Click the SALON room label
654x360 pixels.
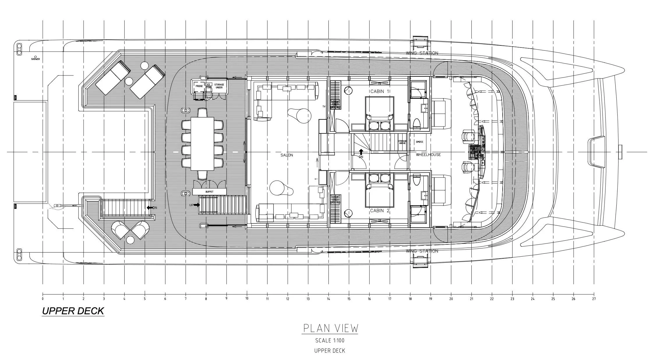pyautogui.click(x=287, y=155)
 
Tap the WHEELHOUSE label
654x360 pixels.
pyautogui.click(x=428, y=155)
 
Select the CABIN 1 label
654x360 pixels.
pyautogui.click(x=380, y=91)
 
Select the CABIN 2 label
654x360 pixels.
pyautogui.click(x=380, y=211)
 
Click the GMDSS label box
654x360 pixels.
pyautogui.click(x=419, y=142)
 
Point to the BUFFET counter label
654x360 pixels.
pyautogui.click(x=209, y=192)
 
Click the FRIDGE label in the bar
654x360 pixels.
pyautogui.click(x=199, y=86)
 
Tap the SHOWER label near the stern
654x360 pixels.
pyautogui.click(x=36, y=59)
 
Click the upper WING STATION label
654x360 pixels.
pyautogui.click(x=422, y=53)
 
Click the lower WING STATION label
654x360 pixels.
pyautogui.click(x=422, y=251)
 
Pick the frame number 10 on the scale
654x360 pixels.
pyautogui.click(x=247, y=299)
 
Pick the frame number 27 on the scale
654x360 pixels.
pyautogui.click(x=594, y=299)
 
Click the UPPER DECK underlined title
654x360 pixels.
pyautogui.click(x=73, y=311)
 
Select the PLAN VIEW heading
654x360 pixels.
pyautogui.click(x=330, y=328)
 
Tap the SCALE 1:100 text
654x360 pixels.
pyautogui.click(x=330, y=340)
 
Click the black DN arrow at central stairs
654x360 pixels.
pyautogui.click(x=361, y=152)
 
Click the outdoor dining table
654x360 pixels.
pyautogui.click(x=202, y=144)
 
